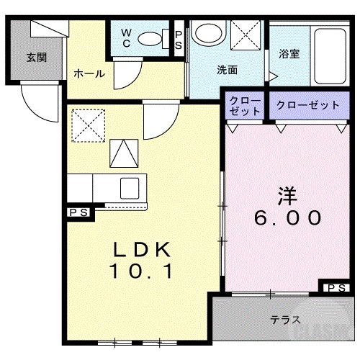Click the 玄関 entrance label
[37, 58]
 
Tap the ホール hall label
[90, 73]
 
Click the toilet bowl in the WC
[151, 39]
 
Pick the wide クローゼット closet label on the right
[307, 105]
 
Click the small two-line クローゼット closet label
[246, 105]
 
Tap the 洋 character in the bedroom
[287, 194]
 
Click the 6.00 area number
[287, 217]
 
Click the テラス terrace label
[286, 319]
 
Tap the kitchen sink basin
[130, 187]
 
